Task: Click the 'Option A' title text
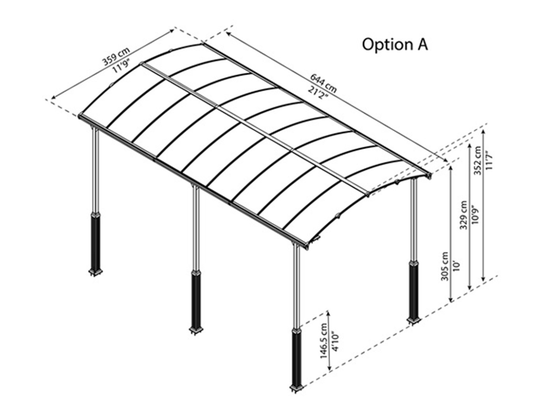coord(395,44)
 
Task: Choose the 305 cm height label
coord(445,267)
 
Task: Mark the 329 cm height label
coord(463,215)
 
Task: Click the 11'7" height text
coord(489,161)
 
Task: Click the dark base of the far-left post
coord(96,243)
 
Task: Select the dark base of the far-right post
coord(414,290)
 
